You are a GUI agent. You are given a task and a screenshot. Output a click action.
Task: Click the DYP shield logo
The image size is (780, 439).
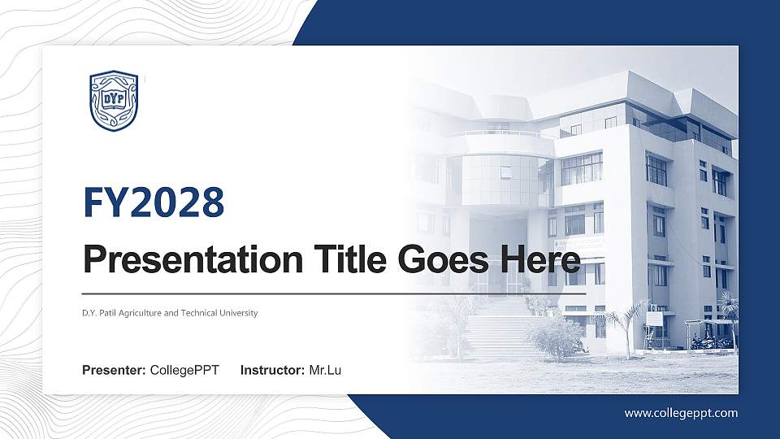[x=114, y=101]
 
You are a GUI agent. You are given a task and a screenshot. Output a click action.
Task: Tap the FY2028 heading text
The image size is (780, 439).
[x=154, y=203]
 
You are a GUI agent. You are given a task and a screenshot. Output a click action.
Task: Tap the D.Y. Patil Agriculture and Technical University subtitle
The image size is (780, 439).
[x=170, y=313]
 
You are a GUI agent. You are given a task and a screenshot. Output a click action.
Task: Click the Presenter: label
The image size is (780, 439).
[x=114, y=371]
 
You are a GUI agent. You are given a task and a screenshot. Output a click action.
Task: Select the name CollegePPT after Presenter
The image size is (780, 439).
[x=184, y=371]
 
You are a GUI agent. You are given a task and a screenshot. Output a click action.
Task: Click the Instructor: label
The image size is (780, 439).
[x=273, y=371]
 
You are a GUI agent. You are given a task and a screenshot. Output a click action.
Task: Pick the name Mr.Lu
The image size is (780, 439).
[x=325, y=371]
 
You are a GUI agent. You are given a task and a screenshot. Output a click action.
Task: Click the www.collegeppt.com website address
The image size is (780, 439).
[x=681, y=413]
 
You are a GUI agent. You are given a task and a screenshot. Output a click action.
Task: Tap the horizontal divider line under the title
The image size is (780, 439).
[x=333, y=293]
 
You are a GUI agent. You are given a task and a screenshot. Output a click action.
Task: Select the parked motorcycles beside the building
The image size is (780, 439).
[x=712, y=342]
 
